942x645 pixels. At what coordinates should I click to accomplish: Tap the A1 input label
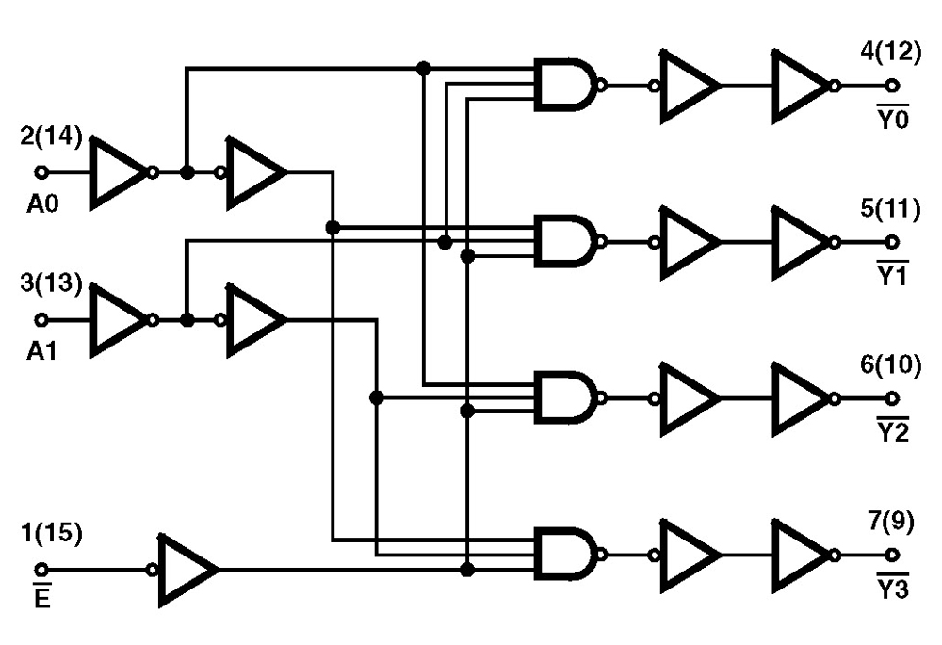[x=42, y=350]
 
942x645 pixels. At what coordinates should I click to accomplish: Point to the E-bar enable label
[x=41, y=596]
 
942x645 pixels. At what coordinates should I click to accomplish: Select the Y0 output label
[x=892, y=120]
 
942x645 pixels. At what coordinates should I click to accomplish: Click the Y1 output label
[x=892, y=275]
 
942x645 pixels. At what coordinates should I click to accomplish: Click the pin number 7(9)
[x=886, y=522]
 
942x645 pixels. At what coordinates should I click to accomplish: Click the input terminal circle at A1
[x=41, y=320]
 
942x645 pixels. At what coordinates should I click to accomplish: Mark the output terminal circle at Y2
[x=891, y=398]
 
